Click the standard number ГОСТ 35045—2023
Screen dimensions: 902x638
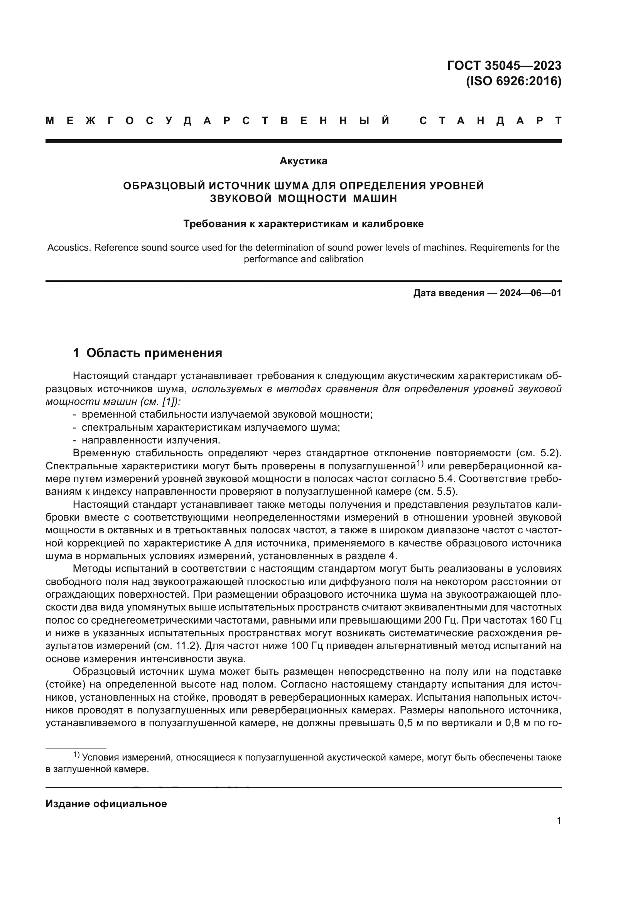pyautogui.click(x=504, y=66)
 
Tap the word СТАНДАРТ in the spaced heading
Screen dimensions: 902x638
pyautogui.click(x=490, y=121)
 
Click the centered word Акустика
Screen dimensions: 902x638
pyautogui.click(x=303, y=161)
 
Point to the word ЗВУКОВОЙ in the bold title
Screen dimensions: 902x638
pyautogui.click(x=240, y=199)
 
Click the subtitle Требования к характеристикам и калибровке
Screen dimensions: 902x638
pyautogui.click(x=303, y=224)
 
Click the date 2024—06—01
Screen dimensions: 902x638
pyautogui.click(x=530, y=293)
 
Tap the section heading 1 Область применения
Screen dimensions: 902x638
pyautogui.click(x=148, y=353)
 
